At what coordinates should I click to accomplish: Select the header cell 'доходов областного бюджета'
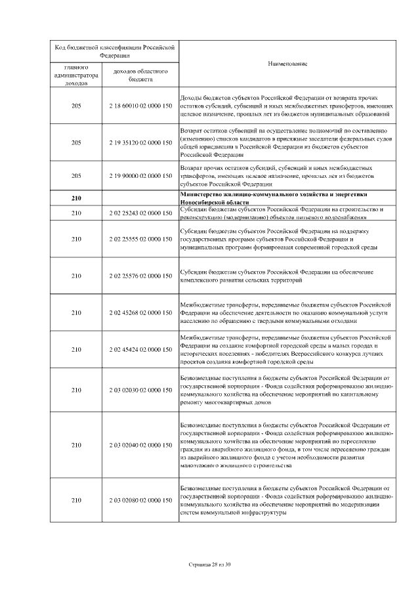click(136, 74)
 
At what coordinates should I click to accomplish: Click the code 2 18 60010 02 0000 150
click(136, 106)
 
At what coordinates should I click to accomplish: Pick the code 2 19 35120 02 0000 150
click(136, 142)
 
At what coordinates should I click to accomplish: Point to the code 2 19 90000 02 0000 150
click(136, 177)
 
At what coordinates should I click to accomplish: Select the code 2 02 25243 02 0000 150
click(136, 213)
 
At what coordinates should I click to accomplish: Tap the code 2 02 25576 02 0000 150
click(136, 276)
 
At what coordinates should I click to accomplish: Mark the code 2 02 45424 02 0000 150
click(136, 349)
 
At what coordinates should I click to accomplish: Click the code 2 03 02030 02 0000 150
click(136, 391)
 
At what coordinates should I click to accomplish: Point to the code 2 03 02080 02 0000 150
click(136, 501)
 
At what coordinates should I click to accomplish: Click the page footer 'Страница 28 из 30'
click(210, 564)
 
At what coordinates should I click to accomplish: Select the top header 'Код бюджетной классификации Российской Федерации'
click(114, 51)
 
